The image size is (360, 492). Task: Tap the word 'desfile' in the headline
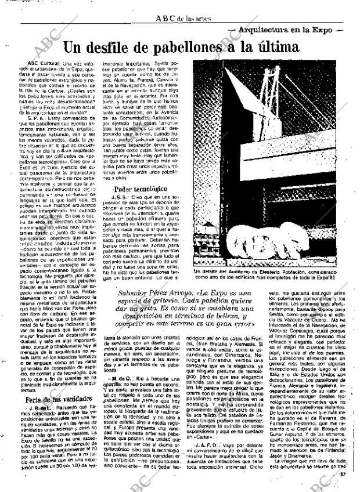tap(114, 47)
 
